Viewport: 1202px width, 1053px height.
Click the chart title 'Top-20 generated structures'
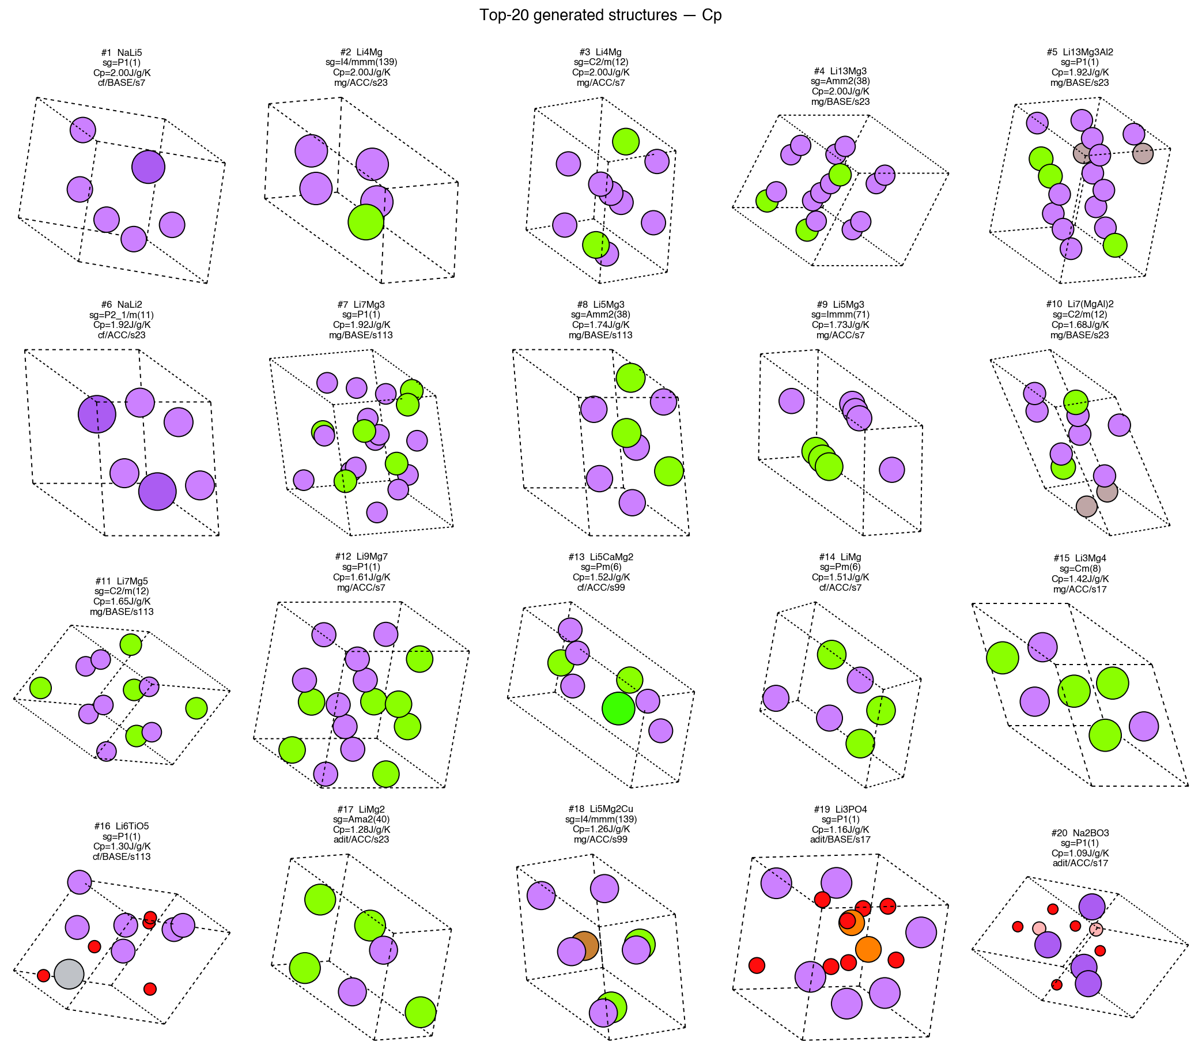click(x=578, y=14)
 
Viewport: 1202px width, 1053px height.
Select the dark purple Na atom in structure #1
click(x=148, y=167)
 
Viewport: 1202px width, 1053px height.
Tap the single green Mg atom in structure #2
click(x=366, y=222)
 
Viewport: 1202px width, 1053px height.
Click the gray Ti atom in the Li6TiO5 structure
click(x=69, y=973)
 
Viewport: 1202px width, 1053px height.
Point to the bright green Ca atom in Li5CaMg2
click(x=619, y=709)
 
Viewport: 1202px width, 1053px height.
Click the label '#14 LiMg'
click(x=840, y=556)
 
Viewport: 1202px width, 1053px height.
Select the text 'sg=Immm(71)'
click(x=841, y=314)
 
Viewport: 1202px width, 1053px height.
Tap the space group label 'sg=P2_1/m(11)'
click(x=122, y=314)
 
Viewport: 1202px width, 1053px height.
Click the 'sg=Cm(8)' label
click(x=1080, y=568)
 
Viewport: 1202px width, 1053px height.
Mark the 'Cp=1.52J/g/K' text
click(x=601, y=577)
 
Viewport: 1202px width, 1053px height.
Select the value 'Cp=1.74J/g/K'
click(x=601, y=325)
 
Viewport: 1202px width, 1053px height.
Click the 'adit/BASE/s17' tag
click(x=841, y=840)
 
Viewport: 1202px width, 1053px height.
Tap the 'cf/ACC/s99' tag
click(x=601, y=587)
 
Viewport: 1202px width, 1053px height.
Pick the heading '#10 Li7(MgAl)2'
click(x=1080, y=304)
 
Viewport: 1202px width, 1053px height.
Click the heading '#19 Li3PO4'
click(x=841, y=809)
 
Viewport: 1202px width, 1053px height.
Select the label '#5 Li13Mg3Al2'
click(x=1080, y=52)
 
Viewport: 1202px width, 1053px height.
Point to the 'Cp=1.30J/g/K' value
click(x=122, y=846)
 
